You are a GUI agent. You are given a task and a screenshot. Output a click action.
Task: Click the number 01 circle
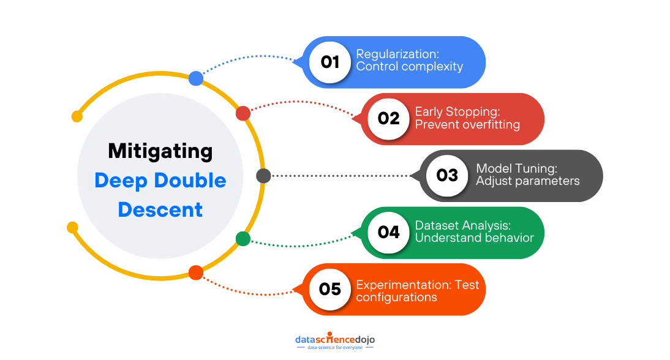[330, 62]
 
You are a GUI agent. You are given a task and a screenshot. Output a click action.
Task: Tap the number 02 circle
[388, 119]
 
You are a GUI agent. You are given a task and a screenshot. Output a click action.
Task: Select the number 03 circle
[447, 176]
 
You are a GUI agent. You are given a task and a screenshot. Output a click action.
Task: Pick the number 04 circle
[388, 233]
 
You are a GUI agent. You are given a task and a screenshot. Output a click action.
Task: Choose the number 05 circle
[330, 289]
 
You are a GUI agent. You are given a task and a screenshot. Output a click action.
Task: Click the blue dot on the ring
[196, 78]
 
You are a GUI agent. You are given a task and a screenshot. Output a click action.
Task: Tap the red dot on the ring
[243, 113]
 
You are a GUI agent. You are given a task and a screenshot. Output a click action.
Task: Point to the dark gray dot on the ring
[263, 176]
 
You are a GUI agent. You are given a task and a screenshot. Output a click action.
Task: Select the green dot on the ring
[243, 239]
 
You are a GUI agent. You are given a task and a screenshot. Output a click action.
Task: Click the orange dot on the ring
[196, 273]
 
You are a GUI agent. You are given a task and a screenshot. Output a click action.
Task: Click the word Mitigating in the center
[160, 151]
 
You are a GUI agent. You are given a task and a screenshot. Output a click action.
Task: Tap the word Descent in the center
[160, 209]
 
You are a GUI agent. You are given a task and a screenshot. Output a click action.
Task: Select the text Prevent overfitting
[467, 125]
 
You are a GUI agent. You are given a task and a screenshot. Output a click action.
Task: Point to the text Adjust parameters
[528, 181]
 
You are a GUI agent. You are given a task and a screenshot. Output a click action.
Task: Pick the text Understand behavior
[475, 238]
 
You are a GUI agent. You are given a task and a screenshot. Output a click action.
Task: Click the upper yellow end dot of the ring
[77, 116]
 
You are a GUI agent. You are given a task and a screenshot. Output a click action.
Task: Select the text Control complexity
[409, 67]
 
